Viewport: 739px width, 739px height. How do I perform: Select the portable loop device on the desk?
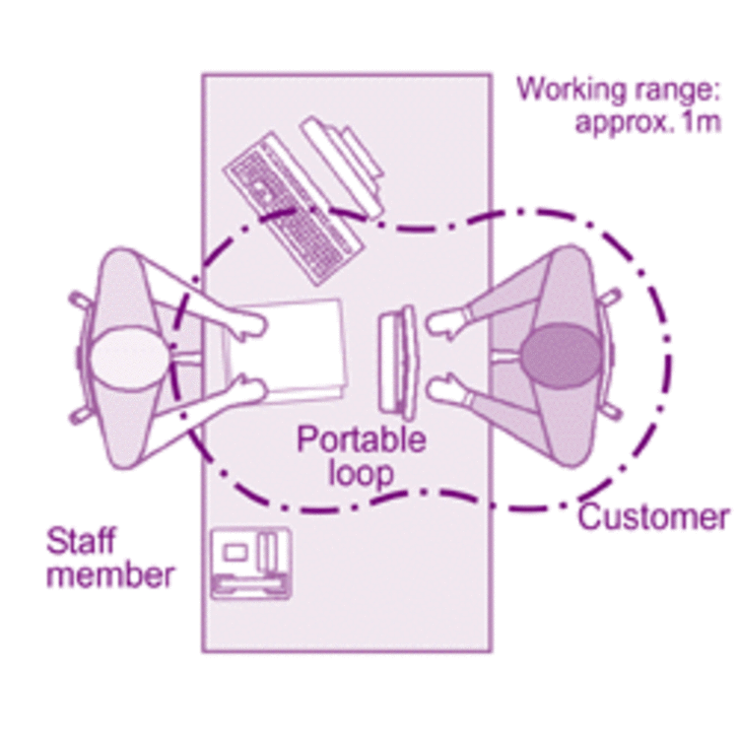click(397, 361)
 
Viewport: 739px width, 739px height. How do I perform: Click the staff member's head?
click(127, 356)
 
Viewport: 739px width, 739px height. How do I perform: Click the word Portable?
click(362, 438)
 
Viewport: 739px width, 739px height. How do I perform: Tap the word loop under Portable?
click(361, 472)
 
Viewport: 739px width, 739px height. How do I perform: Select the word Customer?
click(652, 515)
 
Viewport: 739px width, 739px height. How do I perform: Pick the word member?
click(109, 573)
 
